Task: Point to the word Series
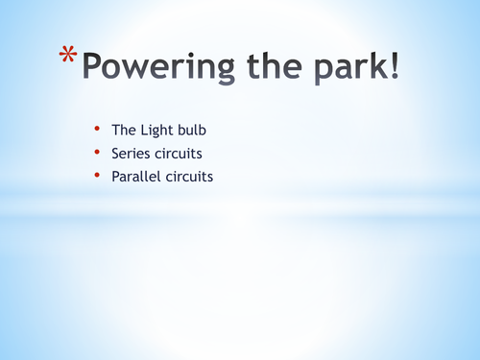132,154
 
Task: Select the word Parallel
136,178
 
